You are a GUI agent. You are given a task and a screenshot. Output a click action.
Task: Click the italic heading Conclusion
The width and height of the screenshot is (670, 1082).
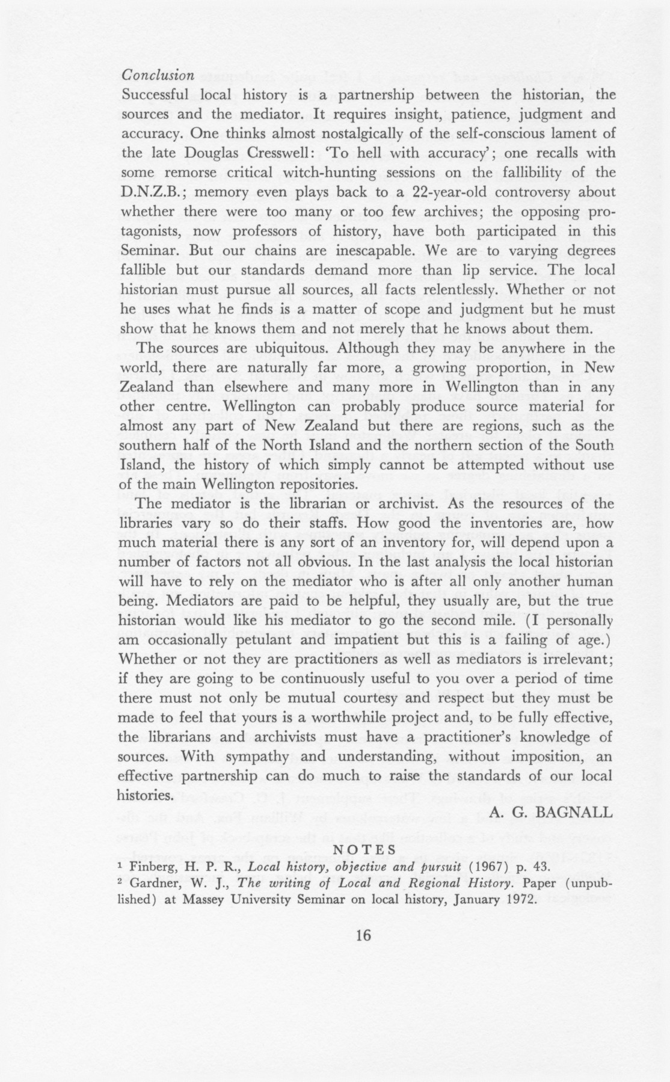click(158, 76)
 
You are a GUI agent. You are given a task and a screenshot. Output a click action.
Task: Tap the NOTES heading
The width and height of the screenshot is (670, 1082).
click(364, 850)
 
